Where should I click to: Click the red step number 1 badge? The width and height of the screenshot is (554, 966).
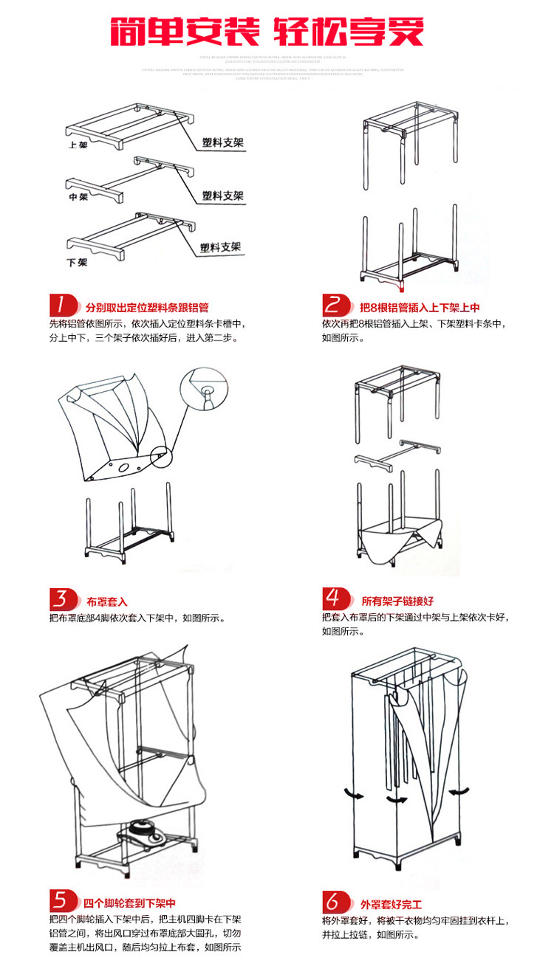64,306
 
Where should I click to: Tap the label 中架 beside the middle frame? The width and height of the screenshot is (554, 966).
78,198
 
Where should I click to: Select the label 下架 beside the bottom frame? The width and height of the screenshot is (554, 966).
77,262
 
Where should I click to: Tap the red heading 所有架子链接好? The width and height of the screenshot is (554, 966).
392,602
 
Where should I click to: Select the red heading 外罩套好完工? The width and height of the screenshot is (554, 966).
391,904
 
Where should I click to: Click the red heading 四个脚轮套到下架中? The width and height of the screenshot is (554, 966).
129,903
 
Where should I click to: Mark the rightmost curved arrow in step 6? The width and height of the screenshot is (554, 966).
461,791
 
